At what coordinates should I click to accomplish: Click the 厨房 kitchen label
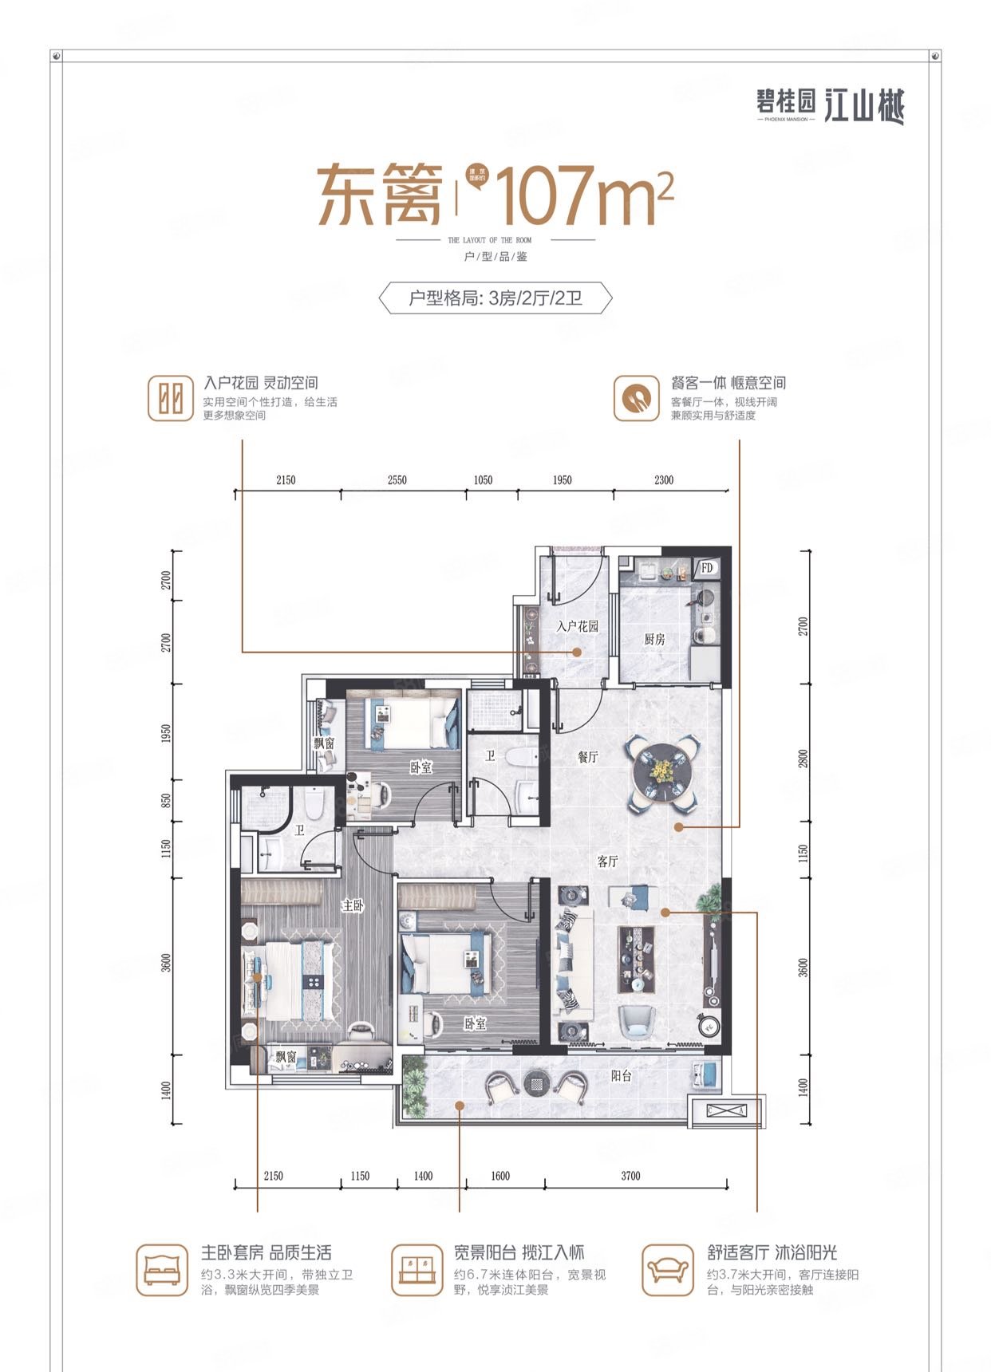point(654,639)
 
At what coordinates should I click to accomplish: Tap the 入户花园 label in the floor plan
point(577,626)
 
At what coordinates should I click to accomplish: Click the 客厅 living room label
point(607,861)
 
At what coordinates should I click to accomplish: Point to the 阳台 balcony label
point(622,1075)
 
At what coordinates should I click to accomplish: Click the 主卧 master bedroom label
point(353,905)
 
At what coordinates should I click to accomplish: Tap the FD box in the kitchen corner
point(707,568)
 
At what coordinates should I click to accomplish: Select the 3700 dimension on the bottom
point(630,1176)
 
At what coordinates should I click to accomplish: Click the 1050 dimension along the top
point(483,480)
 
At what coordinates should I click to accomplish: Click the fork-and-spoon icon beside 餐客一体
point(636,398)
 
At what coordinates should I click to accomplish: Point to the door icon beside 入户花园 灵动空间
point(171,398)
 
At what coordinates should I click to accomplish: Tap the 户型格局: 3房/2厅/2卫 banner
point(495,298)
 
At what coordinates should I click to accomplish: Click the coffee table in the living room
point(636,958)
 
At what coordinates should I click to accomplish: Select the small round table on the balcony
point(535,1083)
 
